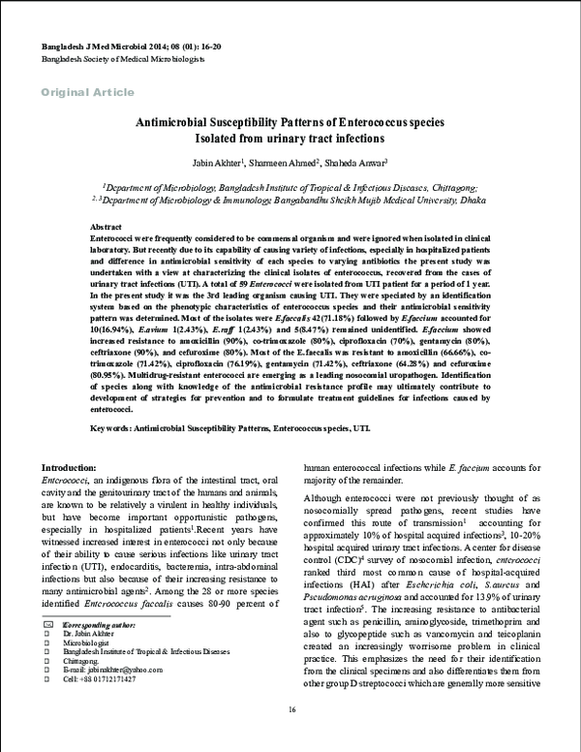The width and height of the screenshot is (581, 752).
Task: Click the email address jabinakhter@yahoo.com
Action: (120, 697)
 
